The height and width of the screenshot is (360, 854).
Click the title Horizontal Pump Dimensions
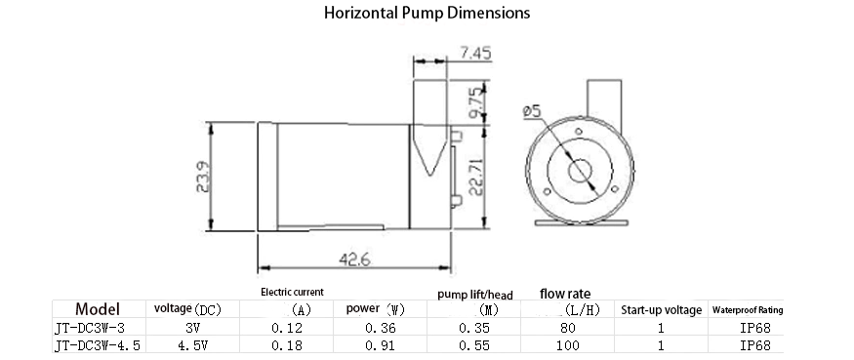pos(427,13)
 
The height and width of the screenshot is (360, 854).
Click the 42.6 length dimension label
pos(355,260)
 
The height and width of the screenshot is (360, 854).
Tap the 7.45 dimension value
pos(475,53)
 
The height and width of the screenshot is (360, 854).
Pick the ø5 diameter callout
pos(532,111)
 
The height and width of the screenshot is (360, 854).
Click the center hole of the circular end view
pos(580,171)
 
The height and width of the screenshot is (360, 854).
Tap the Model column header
pos(98,309)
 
